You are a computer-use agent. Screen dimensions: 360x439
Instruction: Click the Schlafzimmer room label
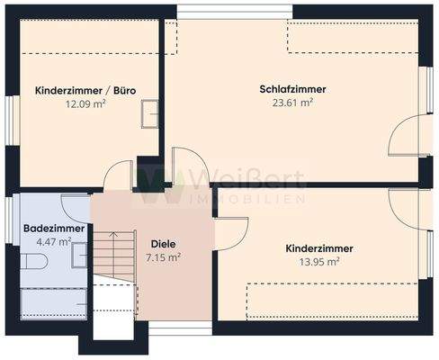pos(291,89)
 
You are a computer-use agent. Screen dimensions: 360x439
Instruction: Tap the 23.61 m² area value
pos(291,103)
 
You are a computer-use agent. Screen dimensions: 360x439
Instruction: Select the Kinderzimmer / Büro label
pos(85,91)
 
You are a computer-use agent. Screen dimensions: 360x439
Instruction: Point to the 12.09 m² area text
pos(85,104)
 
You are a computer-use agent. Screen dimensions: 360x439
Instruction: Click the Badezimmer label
pos(54,229)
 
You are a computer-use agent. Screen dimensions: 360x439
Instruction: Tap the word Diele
pos(163,243)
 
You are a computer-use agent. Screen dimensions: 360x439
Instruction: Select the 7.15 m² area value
pos(163,256)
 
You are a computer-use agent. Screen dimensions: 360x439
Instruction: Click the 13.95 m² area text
pos(318,261)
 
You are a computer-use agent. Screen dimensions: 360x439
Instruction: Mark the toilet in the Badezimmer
pos(33,262)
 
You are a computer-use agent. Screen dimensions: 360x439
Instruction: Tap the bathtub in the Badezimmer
pos(54,301)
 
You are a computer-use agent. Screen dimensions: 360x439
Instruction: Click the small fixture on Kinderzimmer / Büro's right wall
pos(149,115)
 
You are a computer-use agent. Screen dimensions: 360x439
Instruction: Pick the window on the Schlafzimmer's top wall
pos(234,11)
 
